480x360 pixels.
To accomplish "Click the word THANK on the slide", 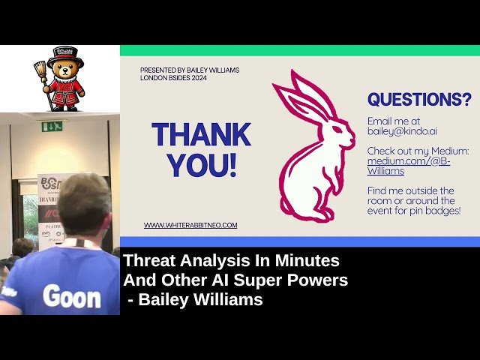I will pyautogui.click(x=201, y=135).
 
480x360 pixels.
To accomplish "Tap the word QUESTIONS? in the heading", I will pyautogui.click(x=419, y=100).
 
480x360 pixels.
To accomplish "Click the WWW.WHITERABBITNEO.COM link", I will pyautogui.click(x=190, y=225).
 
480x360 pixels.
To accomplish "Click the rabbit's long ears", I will pyautogui.click(x=300, y=94).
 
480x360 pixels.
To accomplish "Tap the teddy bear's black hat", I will pyautogui.click(x=65, y=56).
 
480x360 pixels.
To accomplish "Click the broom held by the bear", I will pyautogui.click(x=42, y=82).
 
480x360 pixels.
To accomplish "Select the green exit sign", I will pyautogui.click(x=52, y=126).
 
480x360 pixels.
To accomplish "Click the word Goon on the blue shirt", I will pyautogui.click(x=71, y=297).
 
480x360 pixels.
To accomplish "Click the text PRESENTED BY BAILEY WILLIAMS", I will pyautogui.click(x=190, y=70).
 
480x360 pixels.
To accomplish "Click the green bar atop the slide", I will pyautogui.click(x=300, y=50).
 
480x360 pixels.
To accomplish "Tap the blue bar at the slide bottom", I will pyautogui.click(x=300, y=241).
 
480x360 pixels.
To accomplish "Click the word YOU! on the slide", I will pyautogui.click(x=202, y=166).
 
